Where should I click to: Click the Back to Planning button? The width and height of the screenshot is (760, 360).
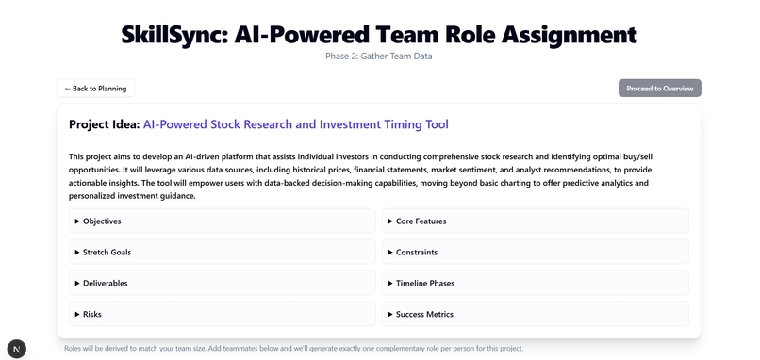tap(96, 89)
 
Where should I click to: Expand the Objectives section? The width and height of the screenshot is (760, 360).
tap(102, 221)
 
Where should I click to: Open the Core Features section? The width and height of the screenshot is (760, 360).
tap(421, 221)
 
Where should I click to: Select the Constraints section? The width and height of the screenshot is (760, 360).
tap(417, 253)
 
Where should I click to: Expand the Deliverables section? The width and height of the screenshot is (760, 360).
tap(105, 283)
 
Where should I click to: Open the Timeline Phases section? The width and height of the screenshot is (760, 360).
tap(425, 283)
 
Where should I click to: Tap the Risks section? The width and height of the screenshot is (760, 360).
tap(91, 314)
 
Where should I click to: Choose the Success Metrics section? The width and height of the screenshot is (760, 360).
tap(424, 314)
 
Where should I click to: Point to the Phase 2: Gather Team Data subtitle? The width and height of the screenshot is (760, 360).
tap(379, 57)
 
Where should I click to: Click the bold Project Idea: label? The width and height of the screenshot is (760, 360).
tap(104, 124)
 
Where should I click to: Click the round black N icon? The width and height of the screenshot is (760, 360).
tap(17, 348)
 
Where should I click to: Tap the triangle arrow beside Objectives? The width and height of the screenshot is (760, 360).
tap(77, 221)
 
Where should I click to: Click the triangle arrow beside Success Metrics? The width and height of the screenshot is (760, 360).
tap(389, 314)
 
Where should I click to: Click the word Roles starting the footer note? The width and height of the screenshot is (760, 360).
tap(74, 349)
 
